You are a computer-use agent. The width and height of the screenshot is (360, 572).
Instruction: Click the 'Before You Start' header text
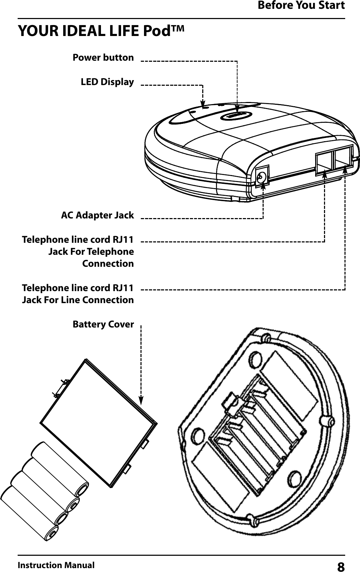[301, 6]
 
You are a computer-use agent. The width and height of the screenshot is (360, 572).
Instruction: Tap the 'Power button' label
[103, 58]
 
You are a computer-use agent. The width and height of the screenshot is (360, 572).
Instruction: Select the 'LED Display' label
[107, 82]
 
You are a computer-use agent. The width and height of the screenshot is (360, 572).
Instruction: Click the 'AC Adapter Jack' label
[97, 215]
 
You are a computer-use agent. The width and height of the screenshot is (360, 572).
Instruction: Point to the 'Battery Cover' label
[103, 324]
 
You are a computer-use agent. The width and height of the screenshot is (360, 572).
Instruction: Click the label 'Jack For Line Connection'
[78, 300]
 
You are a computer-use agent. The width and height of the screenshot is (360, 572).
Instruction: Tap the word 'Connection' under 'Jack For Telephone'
[108, 264]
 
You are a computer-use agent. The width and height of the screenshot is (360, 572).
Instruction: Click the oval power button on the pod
[236, 115]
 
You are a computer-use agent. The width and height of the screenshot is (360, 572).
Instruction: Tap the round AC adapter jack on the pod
[262, 176]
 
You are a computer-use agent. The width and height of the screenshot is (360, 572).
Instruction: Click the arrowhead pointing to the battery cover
[141, 400]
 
